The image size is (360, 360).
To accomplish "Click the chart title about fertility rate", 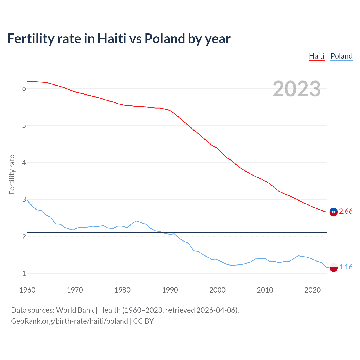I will coord(119,39).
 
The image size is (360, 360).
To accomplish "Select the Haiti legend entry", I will coord(317,56).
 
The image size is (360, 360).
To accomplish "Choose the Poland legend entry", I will coord(341,56).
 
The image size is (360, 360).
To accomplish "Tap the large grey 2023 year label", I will coord(297,89).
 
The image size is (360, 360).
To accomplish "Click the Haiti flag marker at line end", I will coord(334,212).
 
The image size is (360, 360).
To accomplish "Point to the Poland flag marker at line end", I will coord(334,267).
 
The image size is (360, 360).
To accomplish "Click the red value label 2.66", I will coord(346,211).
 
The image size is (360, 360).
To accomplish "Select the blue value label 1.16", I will coord(346,267).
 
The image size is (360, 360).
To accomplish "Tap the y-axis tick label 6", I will coord(24,89).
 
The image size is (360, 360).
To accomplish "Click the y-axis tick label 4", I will coord(24,163).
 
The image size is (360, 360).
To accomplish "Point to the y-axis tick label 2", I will coord(24,237).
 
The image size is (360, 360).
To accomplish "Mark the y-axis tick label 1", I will coord(24,273).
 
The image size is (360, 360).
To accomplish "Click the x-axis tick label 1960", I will coord(27,290).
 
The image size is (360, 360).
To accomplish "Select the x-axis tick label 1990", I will coord(170,290).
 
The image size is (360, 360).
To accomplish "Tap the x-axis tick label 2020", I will coord(312,290).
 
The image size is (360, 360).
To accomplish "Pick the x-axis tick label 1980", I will coord(122,290).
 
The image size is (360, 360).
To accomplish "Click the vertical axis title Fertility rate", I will coord(12,174).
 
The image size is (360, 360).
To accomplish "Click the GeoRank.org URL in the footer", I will coord(69,321).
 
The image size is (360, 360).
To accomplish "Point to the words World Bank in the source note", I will coord(75,310).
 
